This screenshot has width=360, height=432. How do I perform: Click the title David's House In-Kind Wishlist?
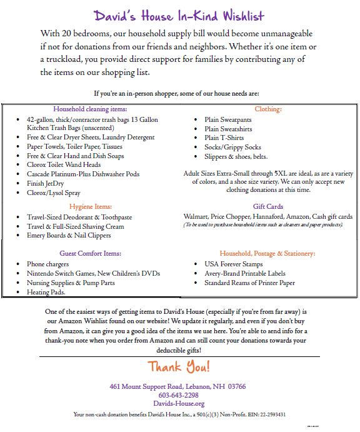(x=179, y=16)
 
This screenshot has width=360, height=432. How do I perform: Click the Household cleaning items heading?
(x=90, y=108)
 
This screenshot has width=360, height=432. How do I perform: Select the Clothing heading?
(x=267, y=108)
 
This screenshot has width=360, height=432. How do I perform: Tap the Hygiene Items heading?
(x=90, y=206)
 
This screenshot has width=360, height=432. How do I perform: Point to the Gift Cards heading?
(x=267, y=206)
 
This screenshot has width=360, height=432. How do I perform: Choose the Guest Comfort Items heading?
(x=90, y=253)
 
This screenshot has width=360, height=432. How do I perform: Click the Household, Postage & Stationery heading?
(x=267, y=253)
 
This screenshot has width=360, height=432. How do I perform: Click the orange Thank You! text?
(x=179, y=366)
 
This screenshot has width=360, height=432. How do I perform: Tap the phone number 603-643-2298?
(x=179, y=395)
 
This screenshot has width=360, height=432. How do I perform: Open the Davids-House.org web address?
(x=179, y=404)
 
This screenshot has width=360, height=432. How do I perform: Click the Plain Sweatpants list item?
(x=228, y=119)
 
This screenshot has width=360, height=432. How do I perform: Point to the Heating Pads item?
(x=46, y=292)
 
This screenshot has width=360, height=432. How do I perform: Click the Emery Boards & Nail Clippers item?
(x=69, y=235)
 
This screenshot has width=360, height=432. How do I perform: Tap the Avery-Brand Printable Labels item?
(x=244, y=273)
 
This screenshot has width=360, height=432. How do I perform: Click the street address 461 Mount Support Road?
(x=156, y=386)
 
